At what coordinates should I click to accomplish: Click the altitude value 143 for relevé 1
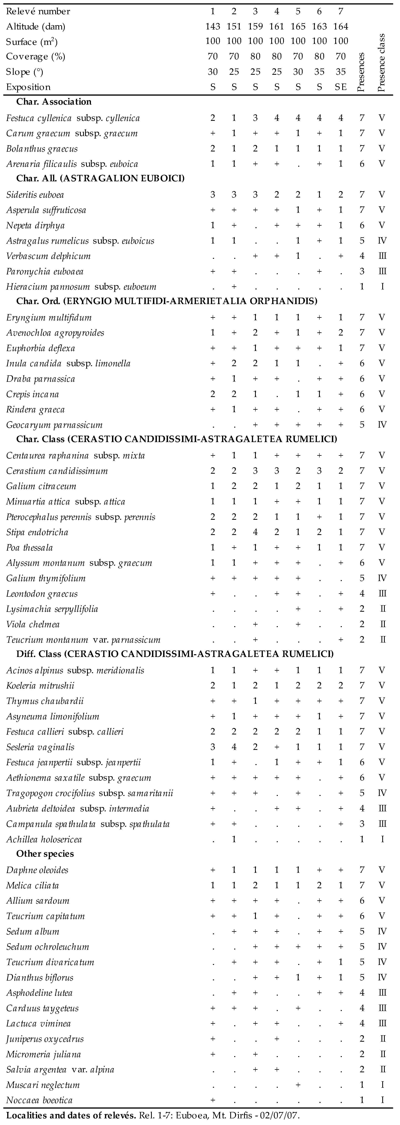213,27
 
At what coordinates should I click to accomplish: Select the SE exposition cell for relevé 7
341,87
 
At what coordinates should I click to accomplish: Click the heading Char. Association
54,102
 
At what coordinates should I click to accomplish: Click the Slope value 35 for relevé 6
319,72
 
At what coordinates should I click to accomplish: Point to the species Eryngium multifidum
49,318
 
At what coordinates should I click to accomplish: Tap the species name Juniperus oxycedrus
45,1039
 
